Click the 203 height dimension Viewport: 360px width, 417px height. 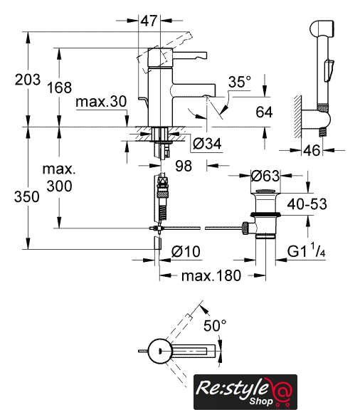click(x=27, y=80)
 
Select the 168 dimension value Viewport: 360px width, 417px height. click(x=59, y=88)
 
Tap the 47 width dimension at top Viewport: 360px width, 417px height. click(x=149, y=21)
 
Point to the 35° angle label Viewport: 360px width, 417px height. click(x=240, y=82)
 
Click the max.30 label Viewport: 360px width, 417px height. click(x=101, y=102)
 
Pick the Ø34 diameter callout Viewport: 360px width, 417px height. click(x=207, y=144)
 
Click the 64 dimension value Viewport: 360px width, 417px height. click(x=264, y=112)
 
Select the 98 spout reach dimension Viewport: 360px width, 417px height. click(x=184, y=166)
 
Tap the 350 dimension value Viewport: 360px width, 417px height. click(x=27, y=197)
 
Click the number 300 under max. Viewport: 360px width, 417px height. click(x=59, y=186)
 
